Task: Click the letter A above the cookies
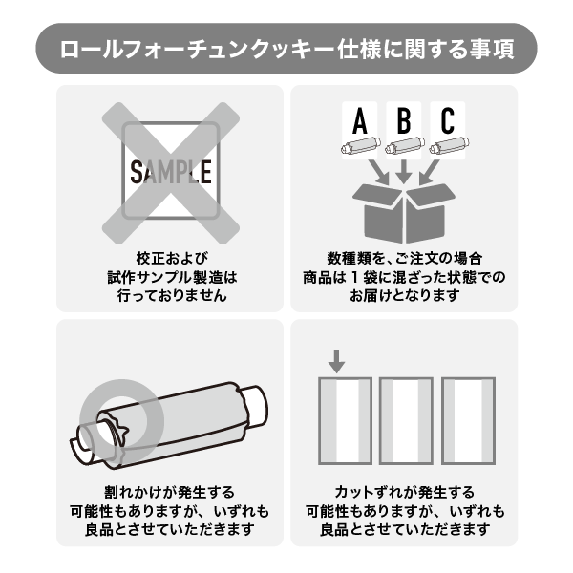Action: coord(360,120)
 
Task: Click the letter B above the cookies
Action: coord(404,120)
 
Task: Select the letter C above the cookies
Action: coord(448,120)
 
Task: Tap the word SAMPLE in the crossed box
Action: coord(171,172)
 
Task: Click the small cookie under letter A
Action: coord(361,145)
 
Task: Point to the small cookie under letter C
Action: coord(449,145)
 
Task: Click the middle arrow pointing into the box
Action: coord(404,171)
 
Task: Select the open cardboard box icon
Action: coord(404,213)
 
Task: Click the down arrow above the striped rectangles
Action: coord(336,361)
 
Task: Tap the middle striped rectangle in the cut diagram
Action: coord(406,421)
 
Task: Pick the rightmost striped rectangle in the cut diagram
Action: coord(469,421)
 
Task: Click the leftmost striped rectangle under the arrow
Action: coord(346,421)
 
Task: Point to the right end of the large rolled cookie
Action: coord(256,406)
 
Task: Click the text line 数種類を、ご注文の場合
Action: coord(405,259)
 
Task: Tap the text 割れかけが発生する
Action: coord(169,492)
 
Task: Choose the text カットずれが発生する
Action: coord(405,492)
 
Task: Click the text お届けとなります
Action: coord(405,295)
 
